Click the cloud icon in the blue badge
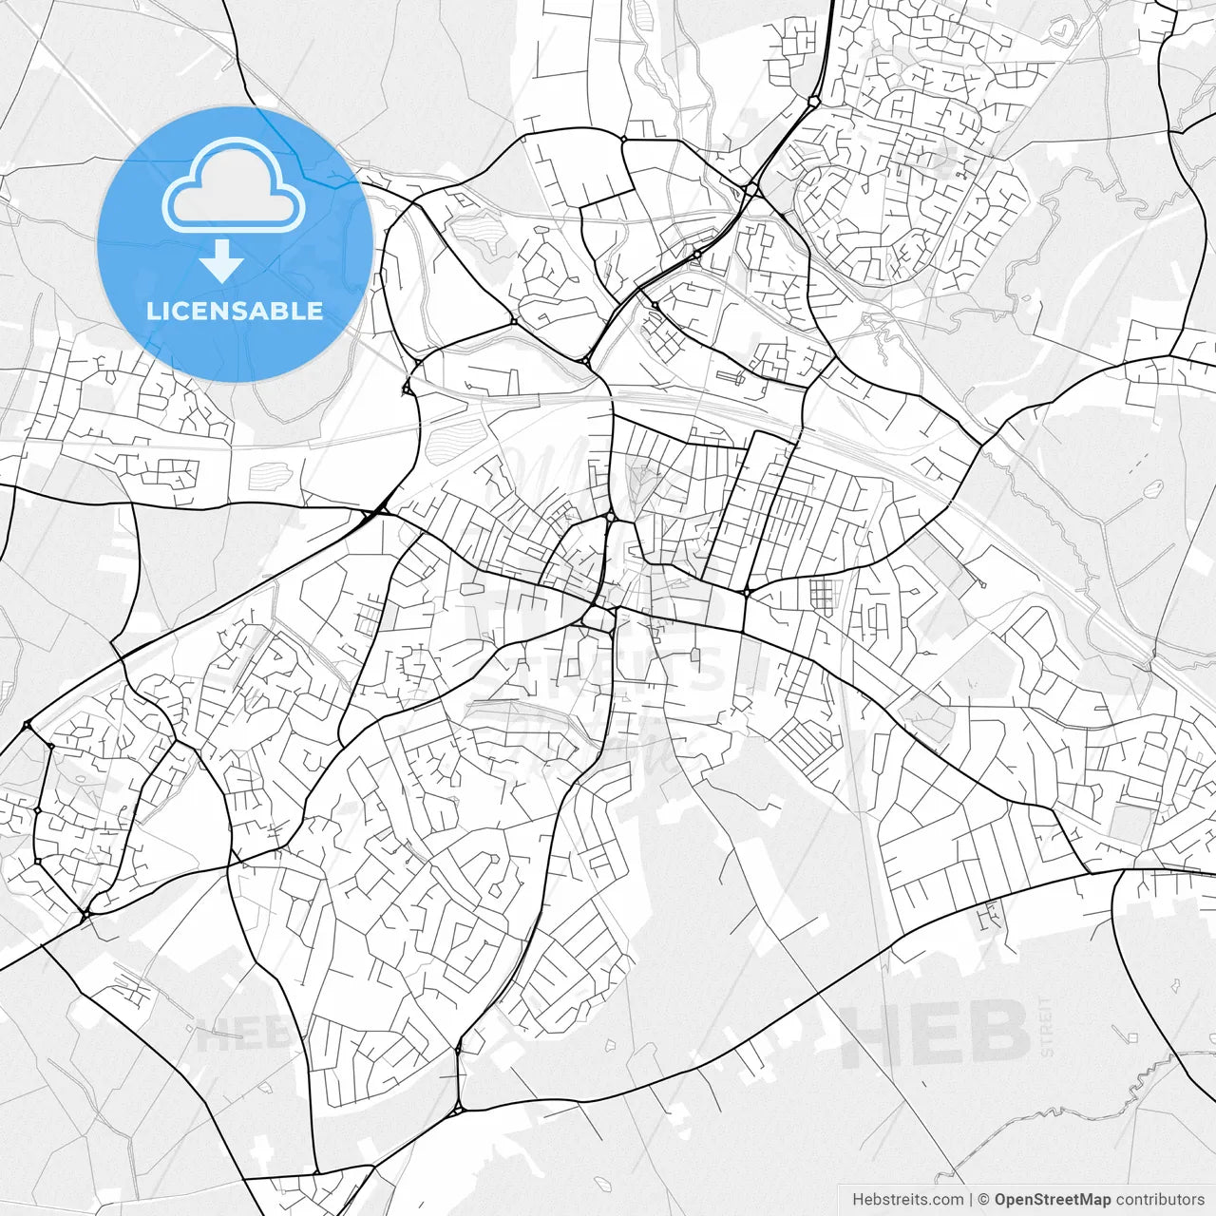click(x=234, y=187)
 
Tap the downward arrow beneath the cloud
click(x=223, y=261)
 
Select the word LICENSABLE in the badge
click(x=234, y=311)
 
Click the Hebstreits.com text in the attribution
click(x=907, y=1200)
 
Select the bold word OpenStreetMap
click(x=1053, y=1200)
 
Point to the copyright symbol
click(x=984, y=1200)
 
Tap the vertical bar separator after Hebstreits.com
click(x=971, y=1200)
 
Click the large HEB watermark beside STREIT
click(x=936, y=1033)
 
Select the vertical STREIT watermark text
click(x=1047, y=1026)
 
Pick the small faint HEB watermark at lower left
click(x=233, y=1034)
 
